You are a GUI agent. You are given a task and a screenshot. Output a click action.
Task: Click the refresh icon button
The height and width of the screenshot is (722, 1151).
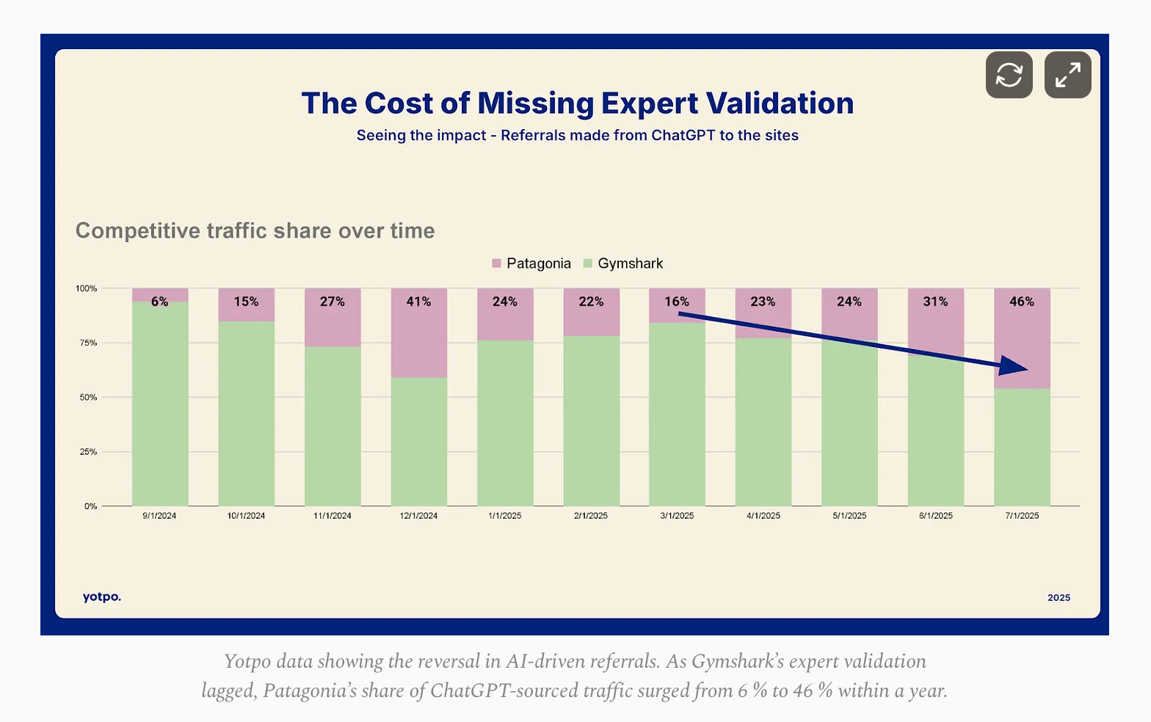(1009, 75)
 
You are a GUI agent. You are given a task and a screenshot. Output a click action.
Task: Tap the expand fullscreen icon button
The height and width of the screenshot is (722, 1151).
(1067, 75)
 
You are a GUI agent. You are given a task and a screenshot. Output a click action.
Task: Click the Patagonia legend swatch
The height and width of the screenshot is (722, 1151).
(497, 263)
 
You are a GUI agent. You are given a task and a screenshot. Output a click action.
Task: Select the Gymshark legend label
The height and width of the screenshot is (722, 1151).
(630, 263)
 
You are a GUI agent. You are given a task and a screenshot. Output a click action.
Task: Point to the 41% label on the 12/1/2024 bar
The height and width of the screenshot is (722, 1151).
(418, 302)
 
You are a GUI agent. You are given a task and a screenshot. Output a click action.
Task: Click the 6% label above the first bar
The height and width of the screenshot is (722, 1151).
(159, 302)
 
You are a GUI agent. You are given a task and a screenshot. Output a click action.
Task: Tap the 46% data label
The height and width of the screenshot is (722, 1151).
(1021, 302)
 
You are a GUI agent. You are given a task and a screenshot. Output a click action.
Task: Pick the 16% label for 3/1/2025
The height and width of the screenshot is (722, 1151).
(677, 302)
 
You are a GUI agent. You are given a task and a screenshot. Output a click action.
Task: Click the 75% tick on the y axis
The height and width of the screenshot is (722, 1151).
(88, 343)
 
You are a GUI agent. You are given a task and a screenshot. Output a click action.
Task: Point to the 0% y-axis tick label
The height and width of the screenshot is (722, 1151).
(90, 506)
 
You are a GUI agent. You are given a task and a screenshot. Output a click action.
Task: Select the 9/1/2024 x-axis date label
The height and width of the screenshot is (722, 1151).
(159, 516)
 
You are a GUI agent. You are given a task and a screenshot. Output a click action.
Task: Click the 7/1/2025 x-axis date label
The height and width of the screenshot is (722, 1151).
(1022, 516)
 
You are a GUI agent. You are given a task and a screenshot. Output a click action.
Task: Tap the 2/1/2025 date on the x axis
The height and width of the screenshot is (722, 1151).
(591, 516)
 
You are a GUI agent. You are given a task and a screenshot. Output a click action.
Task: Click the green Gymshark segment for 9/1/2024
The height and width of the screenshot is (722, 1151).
(160, 404)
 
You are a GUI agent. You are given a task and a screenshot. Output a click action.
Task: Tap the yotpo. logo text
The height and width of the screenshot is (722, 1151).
(102, 597)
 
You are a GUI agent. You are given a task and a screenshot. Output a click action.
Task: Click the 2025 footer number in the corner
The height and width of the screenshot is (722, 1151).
(1059, 598)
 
